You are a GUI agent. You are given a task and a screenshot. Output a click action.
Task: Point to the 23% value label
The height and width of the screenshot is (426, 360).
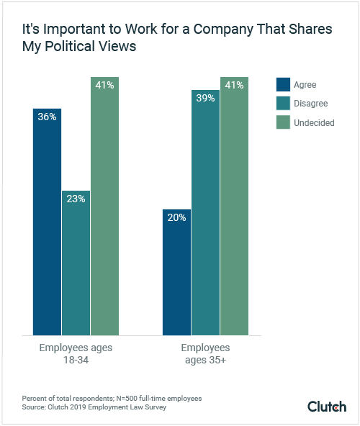point(76,199)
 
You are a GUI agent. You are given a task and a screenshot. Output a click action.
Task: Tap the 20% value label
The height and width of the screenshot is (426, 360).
point(176,217)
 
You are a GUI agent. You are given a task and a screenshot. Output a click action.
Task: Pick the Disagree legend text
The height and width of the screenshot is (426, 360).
point(311,103)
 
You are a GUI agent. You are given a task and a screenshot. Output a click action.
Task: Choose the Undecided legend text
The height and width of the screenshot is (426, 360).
point(314,123)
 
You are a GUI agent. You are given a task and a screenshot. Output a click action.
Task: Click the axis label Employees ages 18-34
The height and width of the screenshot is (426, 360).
point(76,353)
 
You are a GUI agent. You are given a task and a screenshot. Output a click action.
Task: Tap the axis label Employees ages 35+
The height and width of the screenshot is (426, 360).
point(205,353)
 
